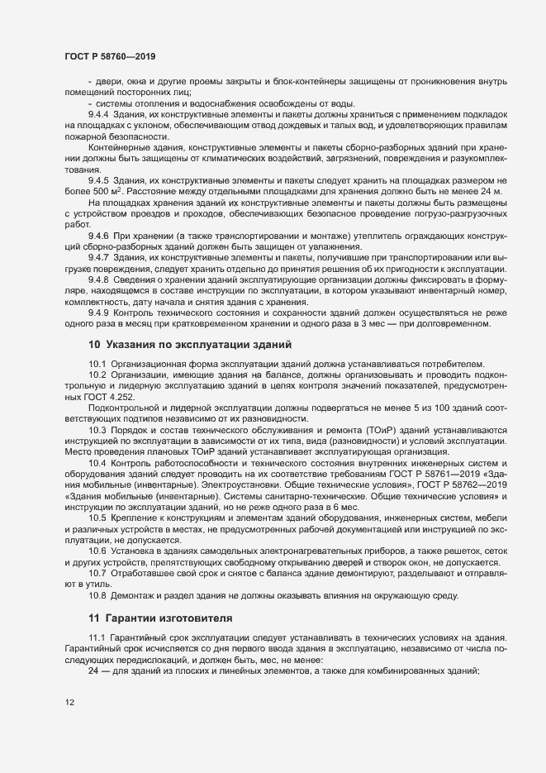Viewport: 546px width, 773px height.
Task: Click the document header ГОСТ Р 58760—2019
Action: [x=109, y=56]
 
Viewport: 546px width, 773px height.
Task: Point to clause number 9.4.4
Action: [x=99, y=113]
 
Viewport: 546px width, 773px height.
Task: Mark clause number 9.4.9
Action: [x=99, y=313]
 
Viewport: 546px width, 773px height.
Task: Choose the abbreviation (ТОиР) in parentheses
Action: [x=356, y=430]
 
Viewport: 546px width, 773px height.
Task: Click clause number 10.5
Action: [x=97, y=517]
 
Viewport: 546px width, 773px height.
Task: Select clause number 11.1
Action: [x=97, y=637]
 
